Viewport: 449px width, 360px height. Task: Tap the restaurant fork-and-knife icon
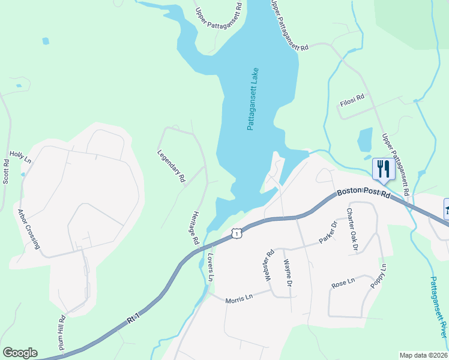382,168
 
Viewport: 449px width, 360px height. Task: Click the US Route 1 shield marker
238,233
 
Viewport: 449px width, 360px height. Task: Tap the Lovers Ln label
210,267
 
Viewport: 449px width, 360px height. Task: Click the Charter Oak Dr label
352,230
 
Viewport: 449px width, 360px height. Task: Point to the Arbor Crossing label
29,229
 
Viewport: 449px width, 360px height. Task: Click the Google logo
20,353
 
